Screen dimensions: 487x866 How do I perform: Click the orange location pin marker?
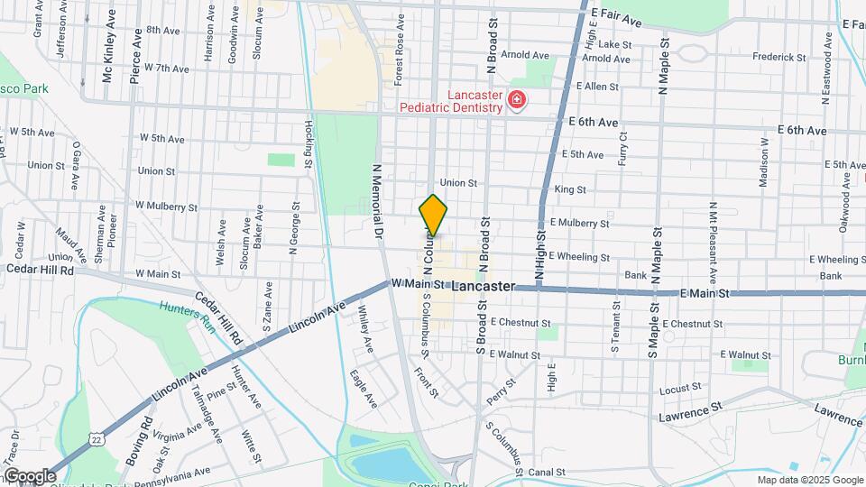pos(433,215)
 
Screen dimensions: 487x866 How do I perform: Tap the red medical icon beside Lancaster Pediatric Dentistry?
pos(517,100)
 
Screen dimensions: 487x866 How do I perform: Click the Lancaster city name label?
pos(483,286)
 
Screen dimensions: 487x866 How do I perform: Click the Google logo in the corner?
pos(29,475)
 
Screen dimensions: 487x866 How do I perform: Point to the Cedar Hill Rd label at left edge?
pos(40,269)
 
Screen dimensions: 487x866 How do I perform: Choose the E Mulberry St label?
pos(579,223)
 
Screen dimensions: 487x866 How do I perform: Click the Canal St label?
pos(547,472)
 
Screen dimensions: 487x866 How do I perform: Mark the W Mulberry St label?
pos(168,207)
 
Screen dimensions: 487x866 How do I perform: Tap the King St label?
pos(569,189)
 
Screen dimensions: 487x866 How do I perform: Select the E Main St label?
pos(705,293)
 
